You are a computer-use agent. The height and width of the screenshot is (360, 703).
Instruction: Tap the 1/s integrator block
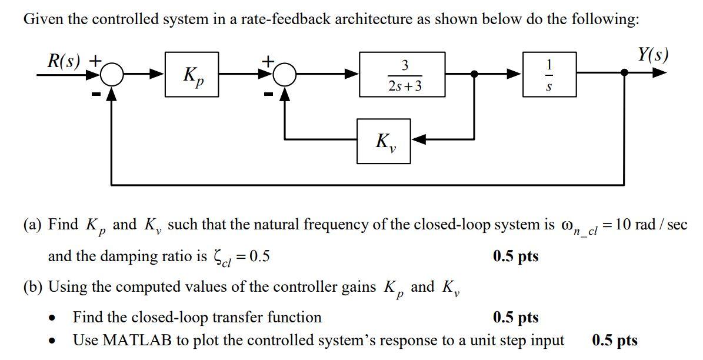[549, 74]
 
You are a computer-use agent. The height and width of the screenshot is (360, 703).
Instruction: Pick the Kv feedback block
[384, 141]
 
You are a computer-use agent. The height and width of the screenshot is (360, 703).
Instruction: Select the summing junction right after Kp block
[286, 74]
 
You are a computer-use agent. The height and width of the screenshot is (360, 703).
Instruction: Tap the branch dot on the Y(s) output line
[624, 72]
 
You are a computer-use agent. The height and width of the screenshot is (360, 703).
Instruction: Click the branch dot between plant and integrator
[474, 74]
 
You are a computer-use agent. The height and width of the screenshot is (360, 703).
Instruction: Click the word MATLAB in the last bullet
[134, 340]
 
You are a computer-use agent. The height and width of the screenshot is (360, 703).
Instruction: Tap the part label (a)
[33, 225]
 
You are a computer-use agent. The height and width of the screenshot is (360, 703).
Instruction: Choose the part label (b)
[33, 287]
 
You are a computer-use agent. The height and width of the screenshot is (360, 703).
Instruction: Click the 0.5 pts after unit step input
[615, 340]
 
